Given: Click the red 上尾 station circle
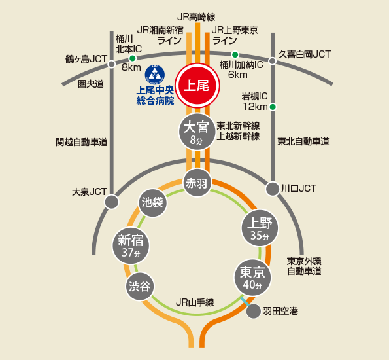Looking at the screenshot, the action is [197, 86].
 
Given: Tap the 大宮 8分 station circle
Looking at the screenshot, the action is [197, 132].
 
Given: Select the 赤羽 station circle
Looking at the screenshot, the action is [197, 183].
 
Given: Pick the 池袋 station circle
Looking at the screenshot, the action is [153, 202].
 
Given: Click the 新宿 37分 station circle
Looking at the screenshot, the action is [131, 246].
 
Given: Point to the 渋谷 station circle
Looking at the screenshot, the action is [140, 286].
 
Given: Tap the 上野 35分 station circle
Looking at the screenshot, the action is [260, 228].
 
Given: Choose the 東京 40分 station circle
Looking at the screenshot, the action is [253, 278].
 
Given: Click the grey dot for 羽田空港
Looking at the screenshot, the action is [254, 312].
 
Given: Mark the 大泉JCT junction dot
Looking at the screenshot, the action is [112, 202].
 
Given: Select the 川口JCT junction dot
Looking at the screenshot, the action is [273, 189].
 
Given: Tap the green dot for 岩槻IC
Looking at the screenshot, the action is [273, 107].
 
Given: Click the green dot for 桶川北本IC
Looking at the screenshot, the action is [133, 58].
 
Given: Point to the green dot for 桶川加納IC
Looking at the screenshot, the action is [235, 54].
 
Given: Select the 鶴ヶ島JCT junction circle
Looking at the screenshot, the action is [112, 64].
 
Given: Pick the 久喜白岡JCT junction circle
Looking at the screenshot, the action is [273, 61].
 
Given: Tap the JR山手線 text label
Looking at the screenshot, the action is [195, 302].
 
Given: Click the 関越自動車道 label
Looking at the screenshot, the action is [81, 142].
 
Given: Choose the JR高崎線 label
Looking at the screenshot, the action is [196, 17].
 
